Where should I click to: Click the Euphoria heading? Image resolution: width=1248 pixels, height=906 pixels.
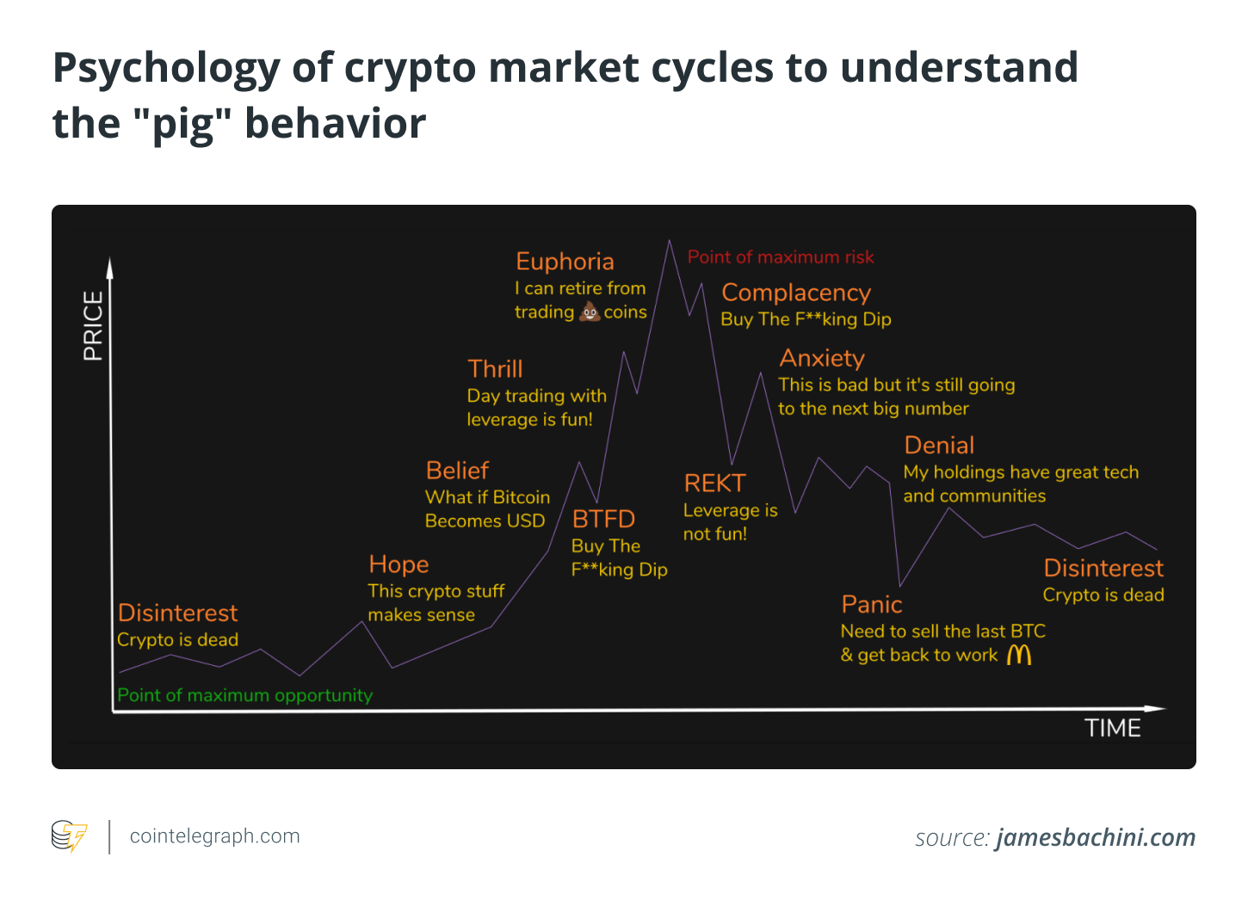click(565, 262)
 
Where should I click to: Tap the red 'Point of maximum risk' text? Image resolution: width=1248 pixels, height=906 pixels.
click(780, 256)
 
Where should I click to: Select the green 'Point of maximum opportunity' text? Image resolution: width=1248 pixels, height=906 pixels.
click(244, 695)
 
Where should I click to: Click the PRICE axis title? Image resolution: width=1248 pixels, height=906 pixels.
click(93, 326)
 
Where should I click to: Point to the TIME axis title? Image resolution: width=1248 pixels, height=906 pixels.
click(1112, 729)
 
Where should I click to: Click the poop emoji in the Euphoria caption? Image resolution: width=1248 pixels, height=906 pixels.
click(590, 311)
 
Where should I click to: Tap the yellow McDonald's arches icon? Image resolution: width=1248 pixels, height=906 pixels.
click(1019, 655)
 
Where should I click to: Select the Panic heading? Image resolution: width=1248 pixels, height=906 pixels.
click(871, 605)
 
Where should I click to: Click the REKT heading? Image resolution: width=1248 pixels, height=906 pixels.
click(714, 484)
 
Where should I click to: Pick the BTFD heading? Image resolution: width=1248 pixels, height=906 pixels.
click(603, 520)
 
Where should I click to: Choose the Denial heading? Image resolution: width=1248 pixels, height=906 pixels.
click(939, 446)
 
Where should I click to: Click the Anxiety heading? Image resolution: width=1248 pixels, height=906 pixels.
click(822, 358)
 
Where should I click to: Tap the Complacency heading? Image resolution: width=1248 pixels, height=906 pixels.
click(796, 293)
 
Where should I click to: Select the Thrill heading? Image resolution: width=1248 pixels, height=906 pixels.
click(495, 369)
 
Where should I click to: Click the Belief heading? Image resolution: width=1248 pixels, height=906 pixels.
click(457, 471)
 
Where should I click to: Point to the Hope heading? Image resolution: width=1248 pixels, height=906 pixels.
click(398, 565)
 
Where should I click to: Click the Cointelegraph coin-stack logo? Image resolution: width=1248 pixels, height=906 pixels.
click(69, 836)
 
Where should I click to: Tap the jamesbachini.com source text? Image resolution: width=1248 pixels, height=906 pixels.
click(1096, 837)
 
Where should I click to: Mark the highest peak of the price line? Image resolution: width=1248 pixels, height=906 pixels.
click(669, 241)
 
